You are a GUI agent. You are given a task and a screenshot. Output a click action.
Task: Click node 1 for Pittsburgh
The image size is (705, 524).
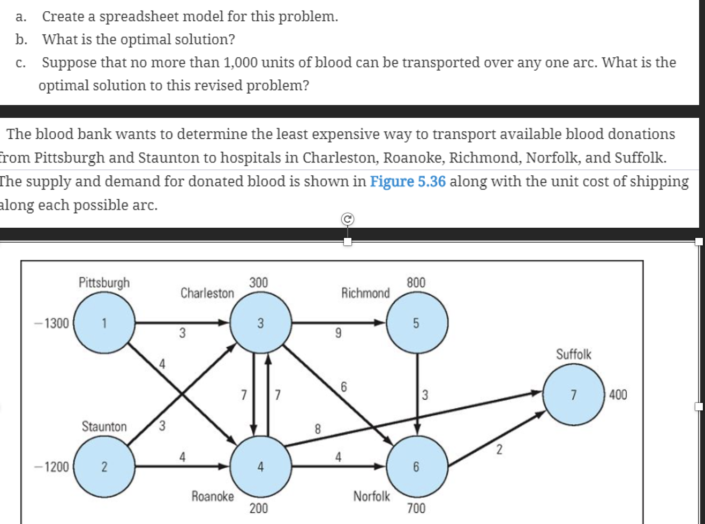(104, 324)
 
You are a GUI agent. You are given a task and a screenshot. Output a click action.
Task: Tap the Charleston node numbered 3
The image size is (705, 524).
(260, 324)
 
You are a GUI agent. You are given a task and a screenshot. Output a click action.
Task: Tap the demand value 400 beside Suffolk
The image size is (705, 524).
(618, 395)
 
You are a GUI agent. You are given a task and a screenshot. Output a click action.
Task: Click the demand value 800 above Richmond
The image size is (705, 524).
(416, 282)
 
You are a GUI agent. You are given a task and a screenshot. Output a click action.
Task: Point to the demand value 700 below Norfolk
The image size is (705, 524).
(416, 508)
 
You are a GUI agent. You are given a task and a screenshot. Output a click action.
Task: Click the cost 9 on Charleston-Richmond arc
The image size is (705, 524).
(337, 334)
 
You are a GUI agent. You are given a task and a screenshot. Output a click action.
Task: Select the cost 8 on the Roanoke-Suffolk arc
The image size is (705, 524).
(317, 429)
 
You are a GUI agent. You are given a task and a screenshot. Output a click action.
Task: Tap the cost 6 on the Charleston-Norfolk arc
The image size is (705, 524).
(344, 386)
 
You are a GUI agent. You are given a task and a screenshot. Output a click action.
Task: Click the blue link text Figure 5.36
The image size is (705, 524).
(408, 182)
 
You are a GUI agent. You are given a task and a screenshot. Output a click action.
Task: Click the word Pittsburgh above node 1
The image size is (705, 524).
(104, 282)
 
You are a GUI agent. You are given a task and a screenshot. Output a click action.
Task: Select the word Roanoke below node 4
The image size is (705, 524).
(213, 496)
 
